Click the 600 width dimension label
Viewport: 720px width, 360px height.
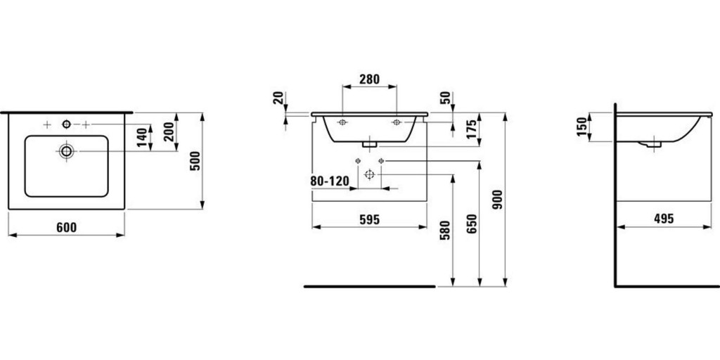67,227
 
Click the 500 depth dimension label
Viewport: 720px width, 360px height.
195,161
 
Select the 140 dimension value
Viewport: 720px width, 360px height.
142,137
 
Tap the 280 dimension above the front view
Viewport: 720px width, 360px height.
370,79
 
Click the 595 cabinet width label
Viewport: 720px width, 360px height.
370,220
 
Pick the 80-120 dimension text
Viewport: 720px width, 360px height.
330,181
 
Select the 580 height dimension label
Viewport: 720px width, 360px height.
444,230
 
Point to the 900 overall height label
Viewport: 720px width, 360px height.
498,199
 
